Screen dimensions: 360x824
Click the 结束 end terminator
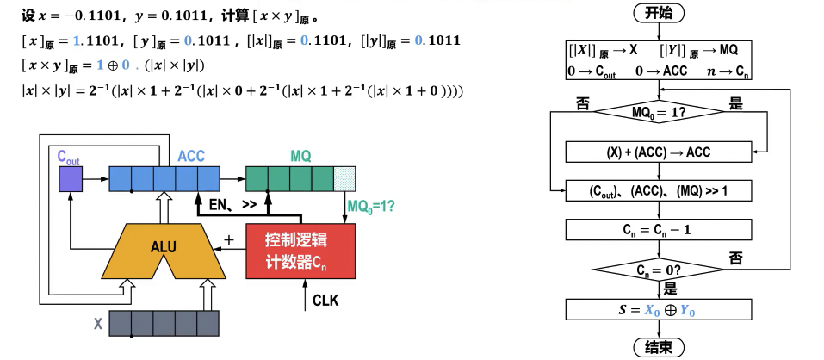coord(660,347)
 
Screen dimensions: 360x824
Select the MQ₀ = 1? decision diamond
coord(660,112)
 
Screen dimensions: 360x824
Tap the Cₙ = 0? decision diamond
coord(660,270)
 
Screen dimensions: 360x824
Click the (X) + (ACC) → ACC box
coord(660,152)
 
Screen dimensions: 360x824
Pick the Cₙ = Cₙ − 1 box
coord(660,229)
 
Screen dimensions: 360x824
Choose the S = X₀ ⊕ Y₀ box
coord(660,308)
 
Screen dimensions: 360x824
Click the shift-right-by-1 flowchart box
coord(660,189)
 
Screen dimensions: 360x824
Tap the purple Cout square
coord(70,179)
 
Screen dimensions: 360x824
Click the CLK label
coord(325,301)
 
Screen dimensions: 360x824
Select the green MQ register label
coord(300,156)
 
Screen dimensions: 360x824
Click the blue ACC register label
coord(191,156)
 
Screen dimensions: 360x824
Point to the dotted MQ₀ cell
coord(344,179)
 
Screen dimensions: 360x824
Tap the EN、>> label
coord(233,206)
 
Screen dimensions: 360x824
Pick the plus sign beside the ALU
coord(229,239)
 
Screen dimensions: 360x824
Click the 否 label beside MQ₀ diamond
coord(582,103)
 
